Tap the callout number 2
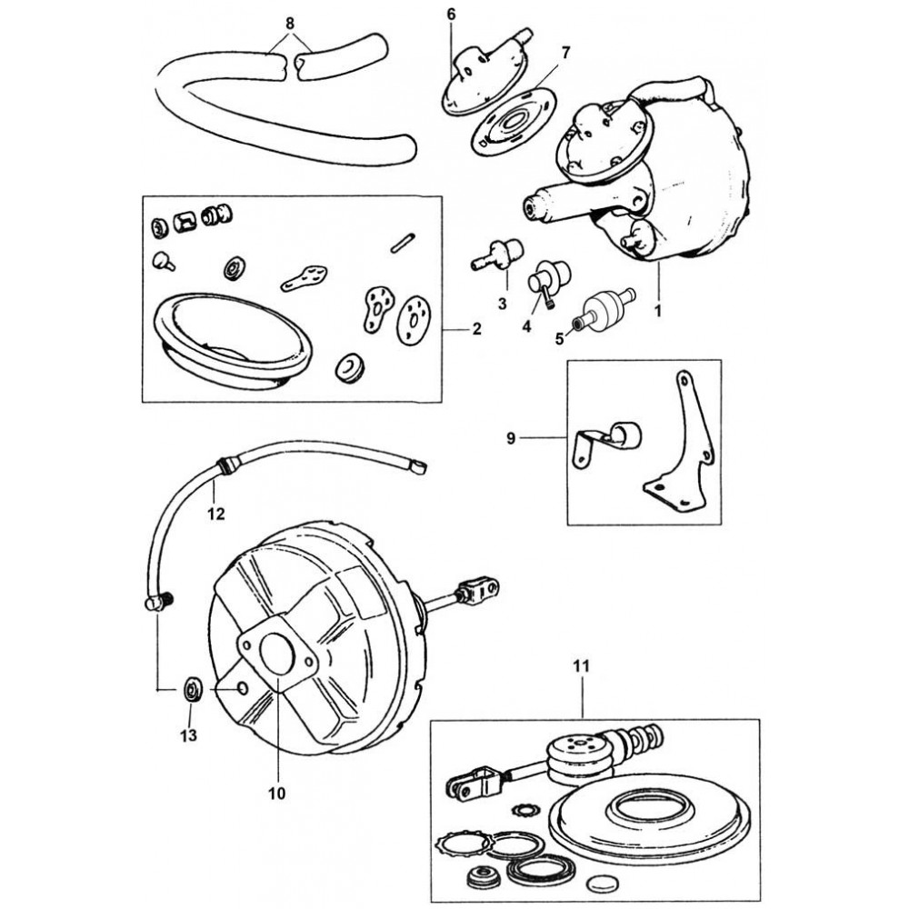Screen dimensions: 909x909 [476, 331]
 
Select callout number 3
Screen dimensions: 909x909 [503, 302]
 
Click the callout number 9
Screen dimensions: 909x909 [511, 438]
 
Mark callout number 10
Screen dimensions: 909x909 [276, 793]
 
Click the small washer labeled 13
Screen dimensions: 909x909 [193, 690]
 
